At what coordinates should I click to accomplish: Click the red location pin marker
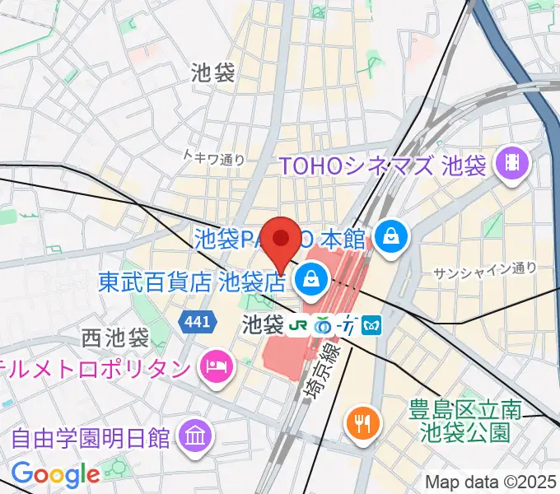[x=282, y=241]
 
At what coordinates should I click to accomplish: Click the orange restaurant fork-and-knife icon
[x=362, y=423]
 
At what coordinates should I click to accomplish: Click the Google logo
[x=55, y=473]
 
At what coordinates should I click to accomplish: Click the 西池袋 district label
[x=114, y=338]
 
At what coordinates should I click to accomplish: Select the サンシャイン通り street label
[x=485, y=268]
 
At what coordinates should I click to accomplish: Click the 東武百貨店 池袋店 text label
[x=192, y=284]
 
